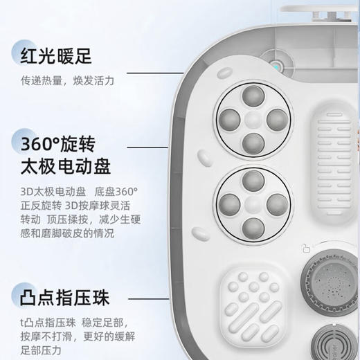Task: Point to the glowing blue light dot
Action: click(x=277, y=67)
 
